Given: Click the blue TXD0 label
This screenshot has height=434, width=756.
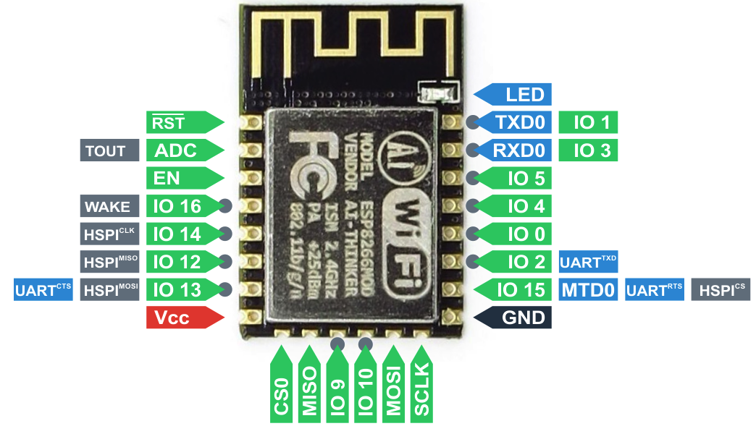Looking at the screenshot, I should point(518,122).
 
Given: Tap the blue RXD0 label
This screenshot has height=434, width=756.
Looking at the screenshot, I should point(518,150).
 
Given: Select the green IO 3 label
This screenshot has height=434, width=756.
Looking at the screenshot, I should point(588,150).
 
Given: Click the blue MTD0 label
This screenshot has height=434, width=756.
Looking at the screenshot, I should point(588,290).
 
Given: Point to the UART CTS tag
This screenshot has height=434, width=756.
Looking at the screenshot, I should point(43,290).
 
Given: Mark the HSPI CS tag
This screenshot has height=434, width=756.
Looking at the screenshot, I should point(721,290).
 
